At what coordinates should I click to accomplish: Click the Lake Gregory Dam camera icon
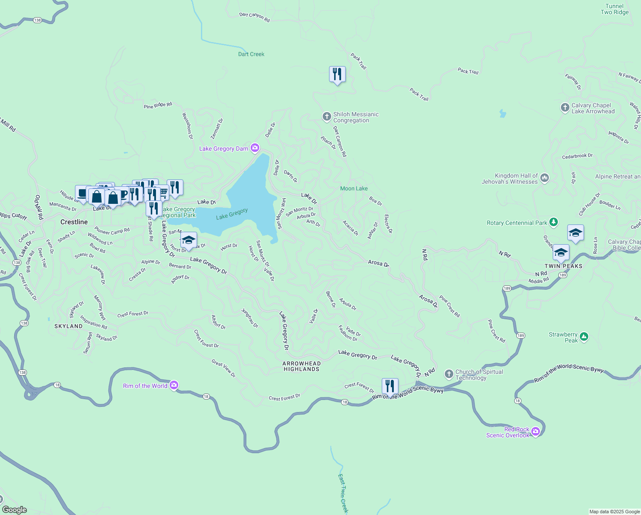[x=255, y=148]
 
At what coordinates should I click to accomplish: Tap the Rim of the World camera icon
[x=174, y=385]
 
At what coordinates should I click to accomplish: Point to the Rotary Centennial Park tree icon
[x=554, y=222]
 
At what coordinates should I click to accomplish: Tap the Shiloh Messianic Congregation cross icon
[x=326, y=116]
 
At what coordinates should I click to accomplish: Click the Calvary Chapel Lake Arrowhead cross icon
[x=565, y=108]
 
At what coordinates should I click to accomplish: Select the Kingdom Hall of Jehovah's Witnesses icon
[x=545, y=178]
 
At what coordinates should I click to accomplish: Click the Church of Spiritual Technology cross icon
[x=449, y=374]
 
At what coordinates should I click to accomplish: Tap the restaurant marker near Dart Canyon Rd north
[x=337, y=74]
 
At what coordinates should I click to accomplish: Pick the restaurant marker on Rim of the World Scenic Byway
[x=390, y=386]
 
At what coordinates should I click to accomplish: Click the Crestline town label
[x=74, y=222]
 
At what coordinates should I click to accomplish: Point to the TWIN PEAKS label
[x=563, y=266]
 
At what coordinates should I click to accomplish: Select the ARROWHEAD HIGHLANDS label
[x=302, y=366]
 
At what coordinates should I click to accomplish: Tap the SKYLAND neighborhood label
[x=69, y=326]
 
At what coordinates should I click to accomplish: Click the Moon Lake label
[x=354, y=188]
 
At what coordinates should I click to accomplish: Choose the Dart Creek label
[x=251, y=54]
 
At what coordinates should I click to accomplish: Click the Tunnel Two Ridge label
[x=614, y=9]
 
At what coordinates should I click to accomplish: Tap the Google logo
[x=15, y=509]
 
